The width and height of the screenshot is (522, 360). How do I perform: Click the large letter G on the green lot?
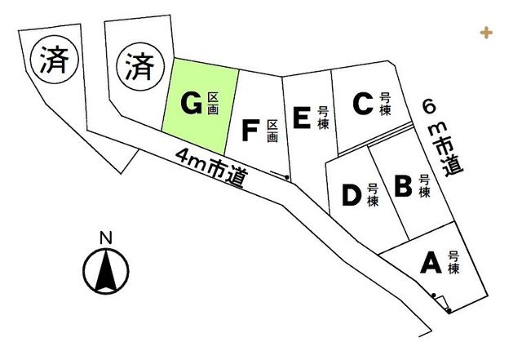(x=192, y=104)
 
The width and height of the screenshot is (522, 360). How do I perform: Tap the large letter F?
(x=250, y=131)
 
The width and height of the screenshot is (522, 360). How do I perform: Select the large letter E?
(x=302, y=118)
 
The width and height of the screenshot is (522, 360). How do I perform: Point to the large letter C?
(x=363, y=104)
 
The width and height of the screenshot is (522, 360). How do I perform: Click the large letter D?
(x=352, y=194)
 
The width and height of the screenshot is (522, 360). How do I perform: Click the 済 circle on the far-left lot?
(x=55, y=60)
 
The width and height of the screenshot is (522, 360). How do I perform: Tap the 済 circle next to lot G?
(x=140, y=67)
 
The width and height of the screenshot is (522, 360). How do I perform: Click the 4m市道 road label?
(x=212, y=167)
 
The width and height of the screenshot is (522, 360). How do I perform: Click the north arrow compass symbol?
(x=106, y=270)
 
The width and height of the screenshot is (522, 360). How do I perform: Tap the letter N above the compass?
(x=106, y=238)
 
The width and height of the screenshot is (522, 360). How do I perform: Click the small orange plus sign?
(x=486, y=33)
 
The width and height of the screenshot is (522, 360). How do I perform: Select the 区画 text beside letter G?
(x=213, y=104)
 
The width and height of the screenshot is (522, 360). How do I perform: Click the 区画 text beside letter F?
(x=272, y=131)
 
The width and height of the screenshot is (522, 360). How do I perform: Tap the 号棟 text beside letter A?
(x=453, y=263)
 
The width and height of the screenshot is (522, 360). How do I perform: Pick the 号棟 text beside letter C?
(x=385, y=104)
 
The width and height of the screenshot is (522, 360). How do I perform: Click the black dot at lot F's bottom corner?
(x=286, y=177)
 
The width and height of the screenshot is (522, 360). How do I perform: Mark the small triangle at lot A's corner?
(x=441, y=302)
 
